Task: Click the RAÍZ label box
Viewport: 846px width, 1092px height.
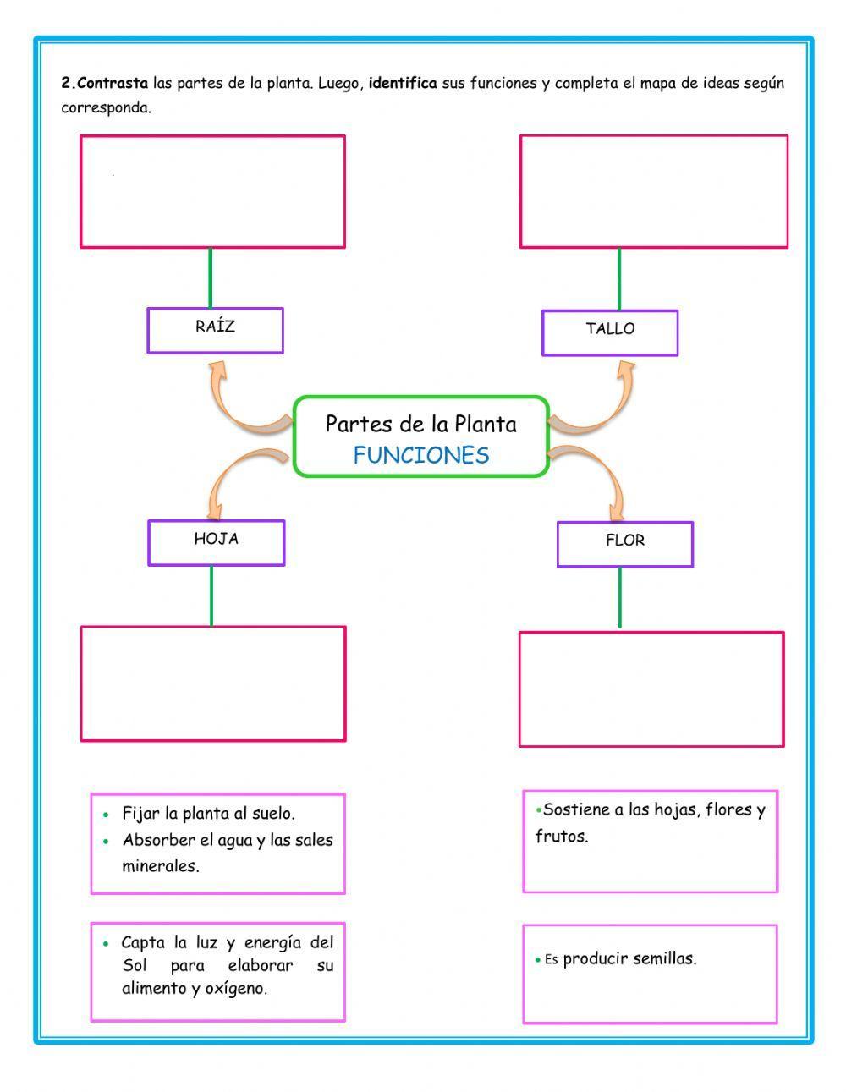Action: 215,330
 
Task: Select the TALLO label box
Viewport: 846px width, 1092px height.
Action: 610,332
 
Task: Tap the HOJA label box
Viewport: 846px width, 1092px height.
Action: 217,542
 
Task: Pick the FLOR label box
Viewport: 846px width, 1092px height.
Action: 625,544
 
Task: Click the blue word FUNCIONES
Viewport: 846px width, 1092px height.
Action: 421,455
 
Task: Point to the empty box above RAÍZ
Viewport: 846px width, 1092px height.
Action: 212,192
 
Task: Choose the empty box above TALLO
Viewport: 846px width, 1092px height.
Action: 653,192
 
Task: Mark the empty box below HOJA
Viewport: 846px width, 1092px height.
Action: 213,683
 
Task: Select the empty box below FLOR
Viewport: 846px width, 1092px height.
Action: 651,689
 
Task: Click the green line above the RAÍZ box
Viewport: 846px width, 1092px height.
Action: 211,277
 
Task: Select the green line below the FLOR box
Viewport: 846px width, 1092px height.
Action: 619,598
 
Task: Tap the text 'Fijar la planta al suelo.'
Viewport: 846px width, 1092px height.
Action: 208,814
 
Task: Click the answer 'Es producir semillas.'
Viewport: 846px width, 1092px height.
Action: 618,959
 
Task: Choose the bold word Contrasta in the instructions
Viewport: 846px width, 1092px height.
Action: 112,84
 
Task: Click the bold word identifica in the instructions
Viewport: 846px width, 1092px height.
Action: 403,84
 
